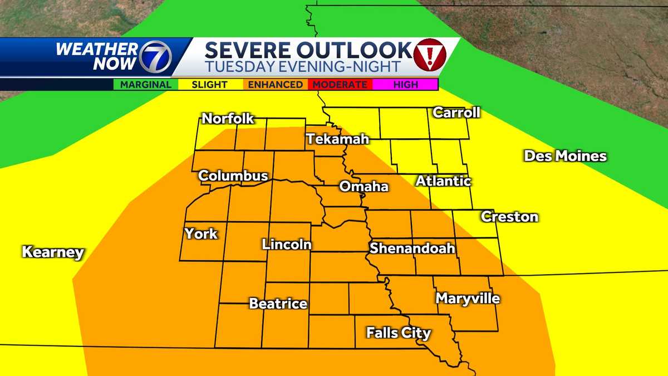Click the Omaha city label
pos(364,187)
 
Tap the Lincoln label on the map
pos(287,244)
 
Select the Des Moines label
pos(565,156)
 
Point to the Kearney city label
pos(53,252)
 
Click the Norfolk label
pos(228,119)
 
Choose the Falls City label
pos(399,333)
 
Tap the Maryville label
pos(468,299)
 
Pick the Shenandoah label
pos(412,248)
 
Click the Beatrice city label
pos(278,304)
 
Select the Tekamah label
pos(337,139)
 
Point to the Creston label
pos(509,216)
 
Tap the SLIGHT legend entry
pos(209,85)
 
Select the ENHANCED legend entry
pos(275,85)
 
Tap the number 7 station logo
pos(155,57)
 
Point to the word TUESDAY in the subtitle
pos(234,67)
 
